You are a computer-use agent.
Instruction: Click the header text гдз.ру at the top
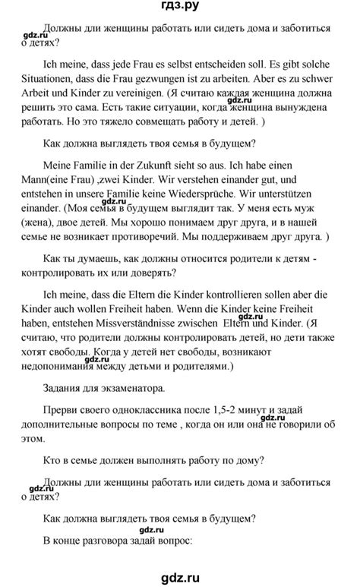(x=180, y=8)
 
